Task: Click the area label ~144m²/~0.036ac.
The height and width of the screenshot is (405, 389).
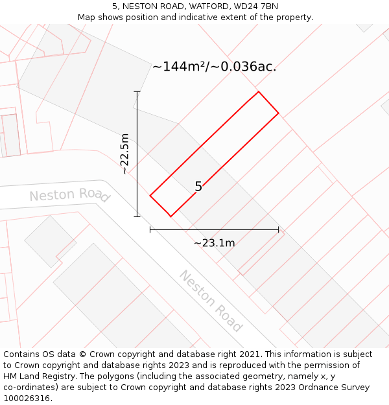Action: point(214,67)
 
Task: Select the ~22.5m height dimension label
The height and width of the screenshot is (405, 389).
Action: point(125,154)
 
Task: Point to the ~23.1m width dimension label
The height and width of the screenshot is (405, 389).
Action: point(214,243)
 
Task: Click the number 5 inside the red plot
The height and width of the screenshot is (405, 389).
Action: point(198,187)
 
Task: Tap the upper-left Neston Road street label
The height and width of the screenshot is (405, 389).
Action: point(69,194)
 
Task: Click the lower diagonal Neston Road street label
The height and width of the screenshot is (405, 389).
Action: point(211,301)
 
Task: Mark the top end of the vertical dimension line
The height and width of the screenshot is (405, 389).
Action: point(137,91)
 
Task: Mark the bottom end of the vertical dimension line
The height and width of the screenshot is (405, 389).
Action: point(137,216)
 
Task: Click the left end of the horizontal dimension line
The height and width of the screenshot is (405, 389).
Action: point(150,229)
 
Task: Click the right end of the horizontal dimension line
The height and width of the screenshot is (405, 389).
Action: point(279,229)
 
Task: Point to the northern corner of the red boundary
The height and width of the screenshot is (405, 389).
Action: point(259,91)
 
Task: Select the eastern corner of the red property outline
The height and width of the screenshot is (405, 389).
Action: point(279,113)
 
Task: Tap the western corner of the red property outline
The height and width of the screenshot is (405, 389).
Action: point(150,195)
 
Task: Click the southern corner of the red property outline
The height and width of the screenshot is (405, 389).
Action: point(170,216)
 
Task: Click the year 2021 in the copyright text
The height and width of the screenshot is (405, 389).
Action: point(250,354)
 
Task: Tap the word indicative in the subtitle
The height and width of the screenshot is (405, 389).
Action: point(204,17)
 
